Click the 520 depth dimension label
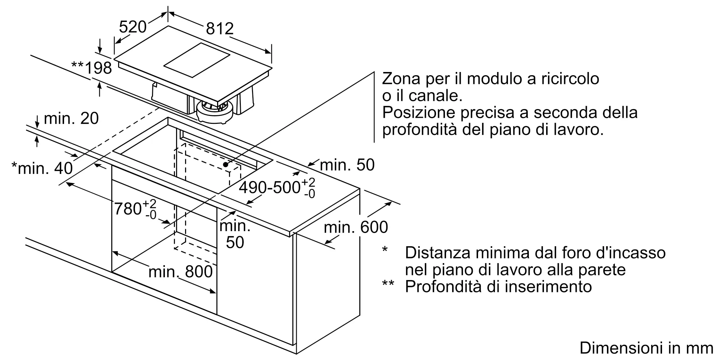click(x=133, y=27)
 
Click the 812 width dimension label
click(x=220, y=28)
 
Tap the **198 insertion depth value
click(x=91, y=68)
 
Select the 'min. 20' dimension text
click(x=71, y=118)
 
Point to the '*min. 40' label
click(x=42, y=168)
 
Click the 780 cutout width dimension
click(x=135, y=209)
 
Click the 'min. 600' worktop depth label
click(x=356, y=227)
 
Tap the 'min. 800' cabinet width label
click(x=180, y=271)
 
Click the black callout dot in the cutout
click(x=226, y=165)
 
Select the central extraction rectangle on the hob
click(x=197, y=60)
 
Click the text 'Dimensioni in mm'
click(x=647, y=348)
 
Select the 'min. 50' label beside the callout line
click(x=347, y=165)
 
